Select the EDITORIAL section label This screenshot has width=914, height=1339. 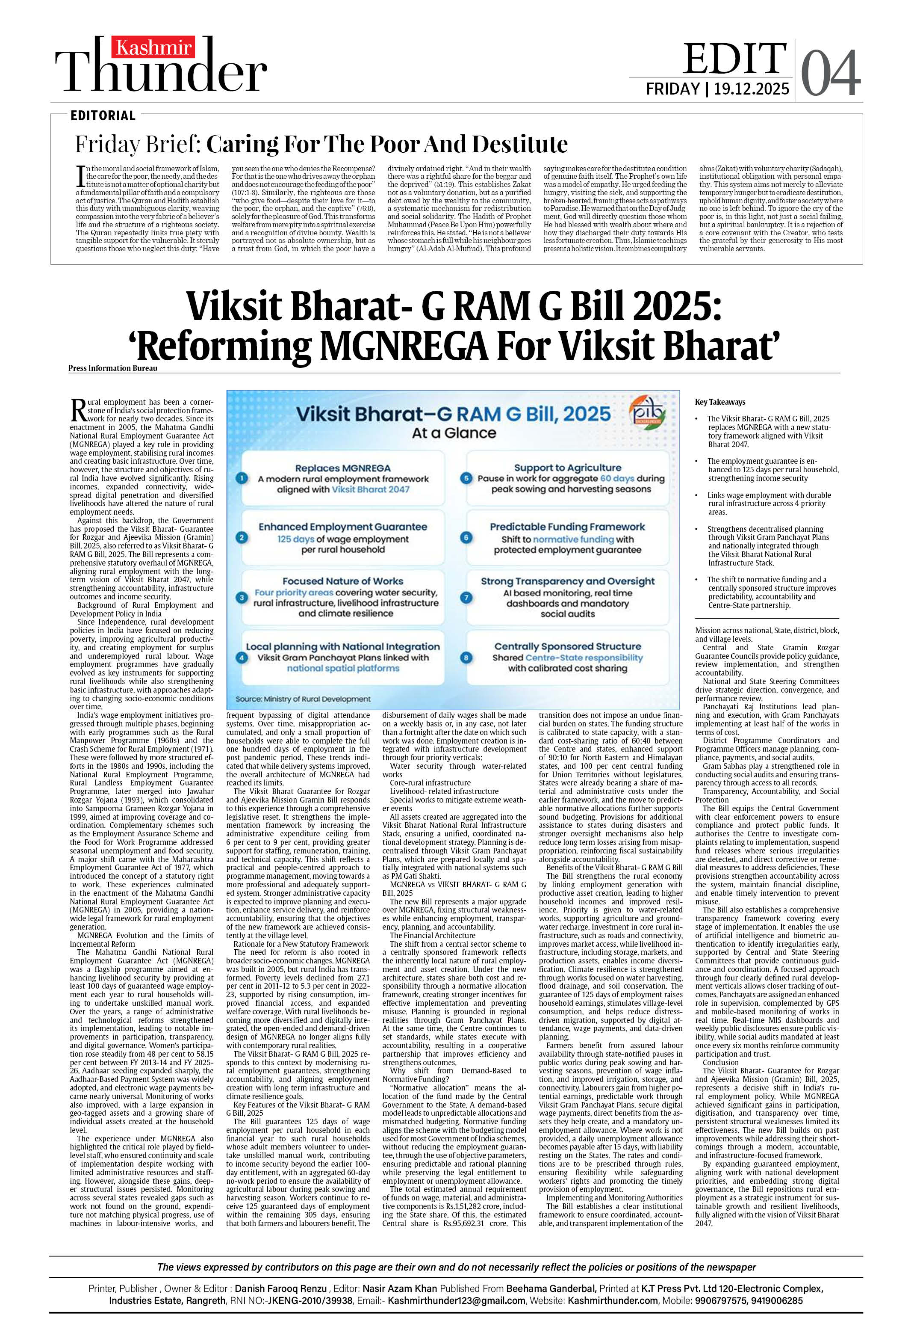[x=103, y=115]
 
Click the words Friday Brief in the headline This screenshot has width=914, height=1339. [x=136, y=144]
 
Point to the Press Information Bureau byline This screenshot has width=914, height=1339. [x=112, y=368]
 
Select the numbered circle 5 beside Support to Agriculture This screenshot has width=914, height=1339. [x=466, y=478]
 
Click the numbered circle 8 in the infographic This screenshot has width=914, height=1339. [x=466, y=658]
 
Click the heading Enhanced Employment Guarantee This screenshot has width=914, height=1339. [x=343, y=527]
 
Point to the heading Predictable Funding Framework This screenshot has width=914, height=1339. [x=567, y=527]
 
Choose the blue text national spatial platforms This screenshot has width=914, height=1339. [x=343, y=668]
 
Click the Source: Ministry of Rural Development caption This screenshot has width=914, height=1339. [x=303, y=699]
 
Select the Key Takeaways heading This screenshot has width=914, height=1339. [x=720, y=402]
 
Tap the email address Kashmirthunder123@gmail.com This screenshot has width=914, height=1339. [x=456, y=1300]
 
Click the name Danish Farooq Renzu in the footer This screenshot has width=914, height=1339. [x=281, y=1288]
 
